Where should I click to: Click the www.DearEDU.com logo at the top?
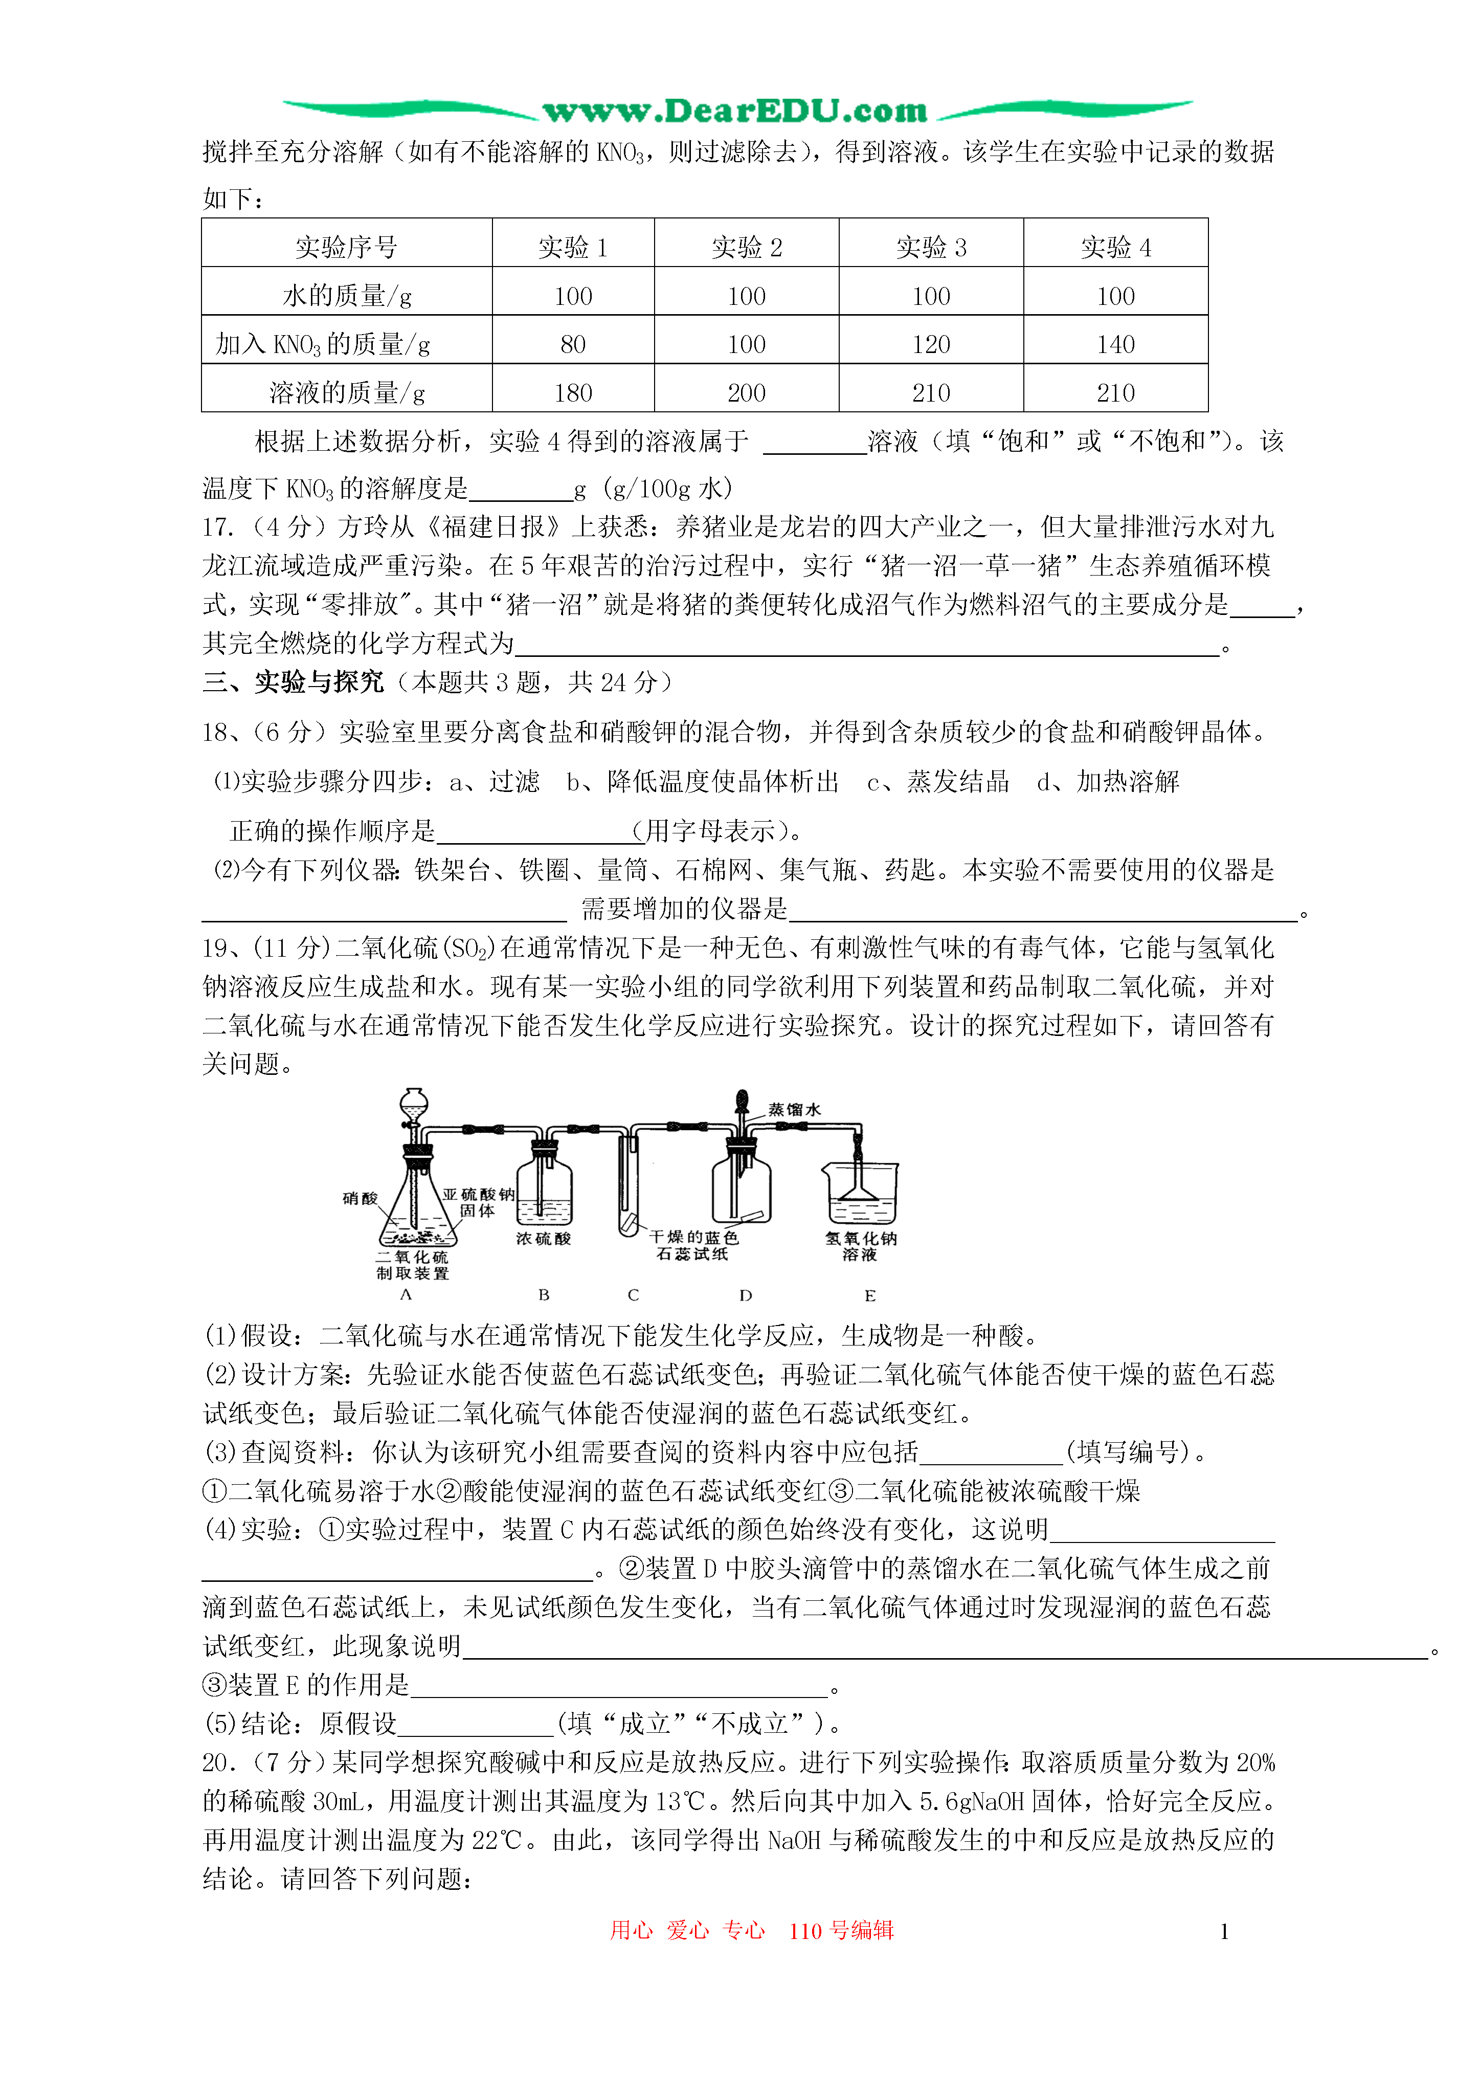coord(735,111)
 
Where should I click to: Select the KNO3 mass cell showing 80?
coord(573,344)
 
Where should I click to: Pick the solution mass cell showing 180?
coord(573,392)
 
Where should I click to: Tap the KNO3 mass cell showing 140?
coord(1115,344)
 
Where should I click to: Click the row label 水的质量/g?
coord(347,296)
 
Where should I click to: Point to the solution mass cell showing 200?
coord(746,392)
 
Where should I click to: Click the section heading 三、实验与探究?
coord(293,681)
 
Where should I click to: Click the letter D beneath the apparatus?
coord(745,1295)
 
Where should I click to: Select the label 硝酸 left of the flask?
coord(360,1198)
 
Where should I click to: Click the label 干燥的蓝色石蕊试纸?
coord(693,1245)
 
